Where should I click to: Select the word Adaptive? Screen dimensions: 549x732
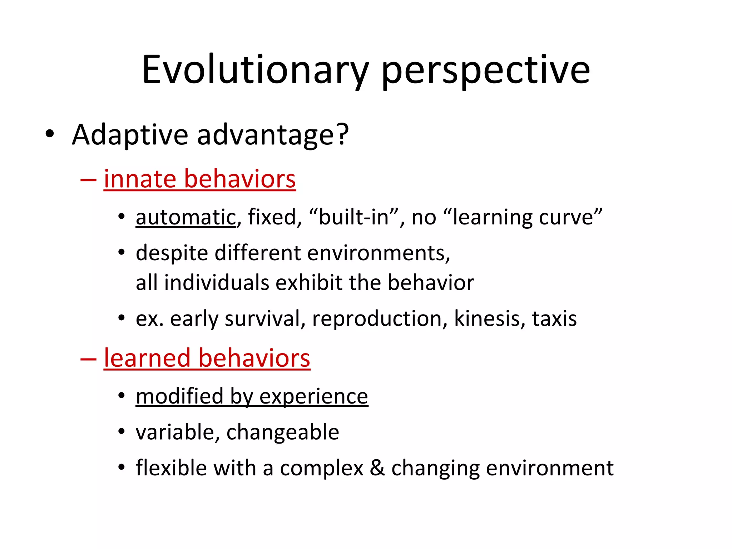[130, 135]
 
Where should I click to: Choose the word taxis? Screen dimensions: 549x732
[554, 318]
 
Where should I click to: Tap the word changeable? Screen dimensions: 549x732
[282, 432]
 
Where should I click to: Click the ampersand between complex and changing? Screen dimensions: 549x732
[377, 468]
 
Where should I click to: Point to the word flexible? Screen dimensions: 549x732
[171, 468]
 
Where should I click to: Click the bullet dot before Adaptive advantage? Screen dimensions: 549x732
[50, 134]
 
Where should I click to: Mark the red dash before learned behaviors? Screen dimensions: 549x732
[88, 358]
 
